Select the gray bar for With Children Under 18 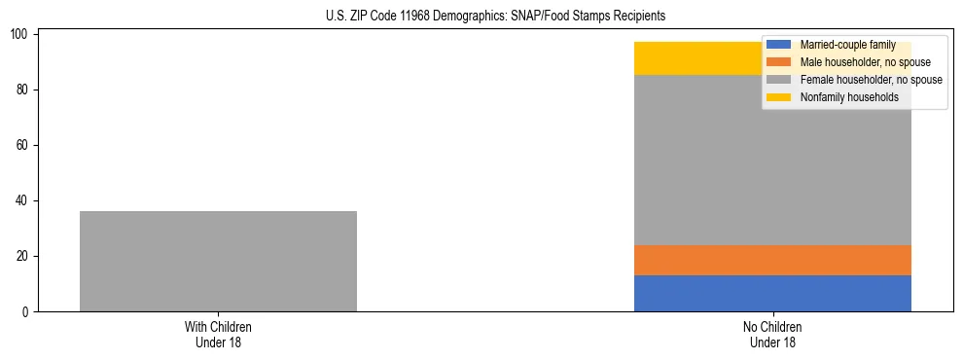218,261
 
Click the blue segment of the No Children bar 772,293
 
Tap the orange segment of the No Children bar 772,260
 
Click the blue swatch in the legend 779,45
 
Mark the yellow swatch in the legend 779,97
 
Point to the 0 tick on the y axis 27,312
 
